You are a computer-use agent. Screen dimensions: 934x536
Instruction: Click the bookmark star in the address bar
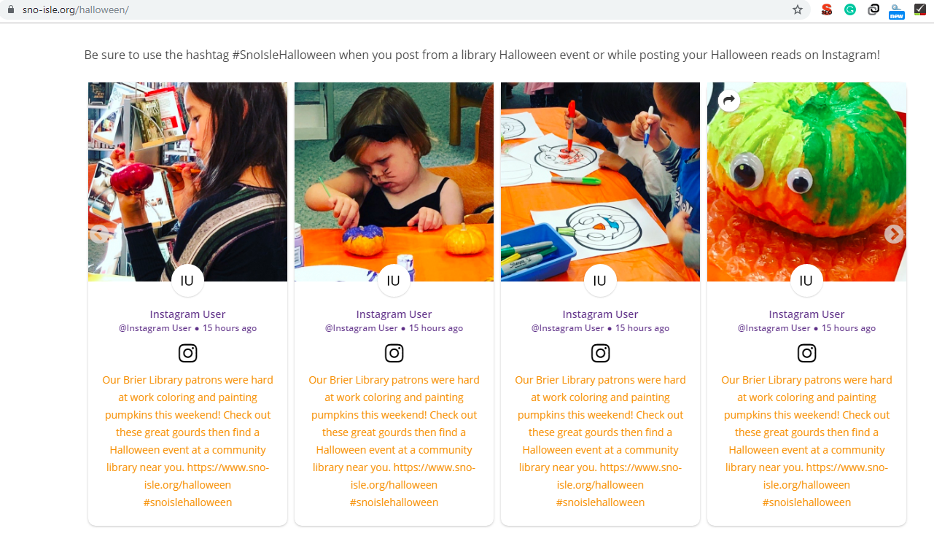797,9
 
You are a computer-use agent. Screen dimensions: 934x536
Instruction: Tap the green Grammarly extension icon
849,9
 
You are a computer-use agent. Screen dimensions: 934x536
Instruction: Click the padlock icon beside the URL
11,9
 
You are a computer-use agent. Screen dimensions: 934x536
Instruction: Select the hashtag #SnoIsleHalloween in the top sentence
284,55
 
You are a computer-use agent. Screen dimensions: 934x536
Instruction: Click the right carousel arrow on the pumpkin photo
894,234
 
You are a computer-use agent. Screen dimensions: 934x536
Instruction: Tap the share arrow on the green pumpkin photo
729,101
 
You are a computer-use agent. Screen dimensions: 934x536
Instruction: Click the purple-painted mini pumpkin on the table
363,240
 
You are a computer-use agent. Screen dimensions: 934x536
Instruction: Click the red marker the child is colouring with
570,125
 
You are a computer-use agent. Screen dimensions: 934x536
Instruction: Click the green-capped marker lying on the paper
576,180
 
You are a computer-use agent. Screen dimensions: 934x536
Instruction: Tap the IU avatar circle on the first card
187,281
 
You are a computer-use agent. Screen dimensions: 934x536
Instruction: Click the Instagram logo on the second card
394,353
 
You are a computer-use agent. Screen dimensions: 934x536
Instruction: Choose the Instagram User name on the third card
600,314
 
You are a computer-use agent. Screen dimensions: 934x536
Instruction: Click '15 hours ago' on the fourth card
849,328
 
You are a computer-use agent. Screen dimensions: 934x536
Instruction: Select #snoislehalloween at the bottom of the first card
187,502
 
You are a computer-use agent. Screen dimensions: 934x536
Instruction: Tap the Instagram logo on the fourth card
806,353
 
